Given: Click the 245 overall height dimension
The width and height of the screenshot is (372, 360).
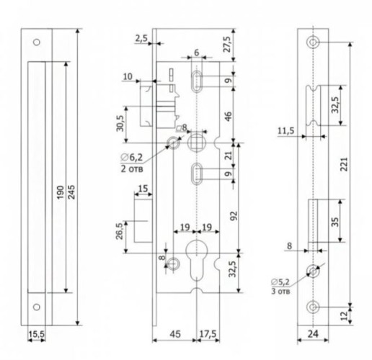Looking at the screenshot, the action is (x=71, y=192).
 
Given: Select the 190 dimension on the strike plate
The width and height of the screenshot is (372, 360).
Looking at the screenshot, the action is (x=61, y=192).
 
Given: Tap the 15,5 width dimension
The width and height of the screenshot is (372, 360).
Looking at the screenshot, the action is (x=36, y=334).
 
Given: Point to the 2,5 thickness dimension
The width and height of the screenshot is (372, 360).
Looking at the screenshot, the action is (x=141, y=38).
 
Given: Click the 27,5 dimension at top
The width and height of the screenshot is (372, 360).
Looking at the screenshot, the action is (x=227, y=44).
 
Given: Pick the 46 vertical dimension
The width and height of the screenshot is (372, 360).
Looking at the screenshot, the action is (x=229, y=116).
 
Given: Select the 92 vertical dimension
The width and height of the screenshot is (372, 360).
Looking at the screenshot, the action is (x=234, y=216).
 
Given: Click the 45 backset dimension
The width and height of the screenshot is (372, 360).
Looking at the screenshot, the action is (x=175, y=334).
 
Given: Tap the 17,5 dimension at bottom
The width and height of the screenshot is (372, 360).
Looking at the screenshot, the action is (x=208, y=334).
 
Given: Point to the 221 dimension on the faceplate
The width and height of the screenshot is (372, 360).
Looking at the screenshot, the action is (x=344, y=164).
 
